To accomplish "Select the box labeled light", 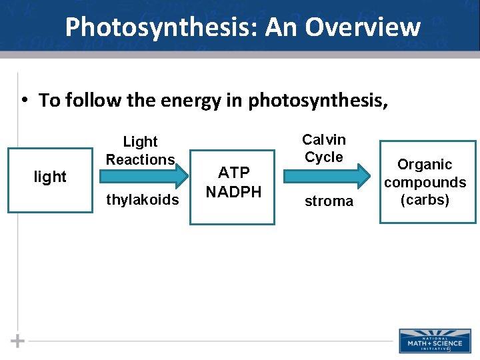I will point(51,177).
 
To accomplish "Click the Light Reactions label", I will point(140,151).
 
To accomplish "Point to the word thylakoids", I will point(143,200).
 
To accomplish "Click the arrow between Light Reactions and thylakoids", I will point(144,176).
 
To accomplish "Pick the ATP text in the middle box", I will point(233,173).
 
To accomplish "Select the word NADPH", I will point(233,192).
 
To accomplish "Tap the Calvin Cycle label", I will point(324,148).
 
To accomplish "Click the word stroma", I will point(329,201).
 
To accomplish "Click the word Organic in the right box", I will point(425,165).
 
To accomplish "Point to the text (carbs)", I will point(425,200).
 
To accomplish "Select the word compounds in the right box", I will point(425,183).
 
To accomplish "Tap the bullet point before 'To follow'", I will point(23,100).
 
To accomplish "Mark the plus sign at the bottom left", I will point(17,341).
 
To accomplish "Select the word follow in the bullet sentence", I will point(94,101).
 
